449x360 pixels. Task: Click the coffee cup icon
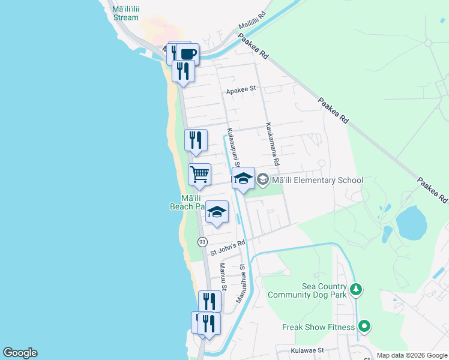(x=187, y=53)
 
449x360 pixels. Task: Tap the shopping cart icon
(x=199, y=175)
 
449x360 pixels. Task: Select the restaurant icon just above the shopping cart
(x=196, y=140)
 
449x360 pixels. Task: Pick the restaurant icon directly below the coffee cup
(x=182, y=71)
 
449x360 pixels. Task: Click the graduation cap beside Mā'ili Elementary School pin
(x=243, y=178)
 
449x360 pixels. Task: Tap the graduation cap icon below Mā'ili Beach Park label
(x=217, y=212)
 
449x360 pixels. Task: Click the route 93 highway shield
(x=202, y=241)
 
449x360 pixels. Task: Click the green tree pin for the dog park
(x=356, y=290)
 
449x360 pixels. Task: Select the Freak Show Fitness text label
(x=317, y=327)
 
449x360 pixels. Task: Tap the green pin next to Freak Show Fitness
(x=364, y=326)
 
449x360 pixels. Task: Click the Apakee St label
(x=241, y=91)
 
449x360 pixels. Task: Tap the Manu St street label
(x=222, y=277)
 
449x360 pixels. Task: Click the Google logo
(x=20, y=353)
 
